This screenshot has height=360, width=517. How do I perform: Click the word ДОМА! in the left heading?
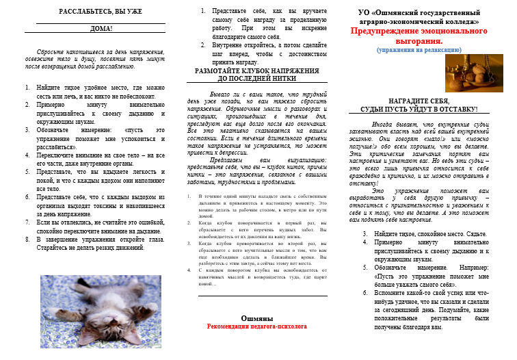point(101,29)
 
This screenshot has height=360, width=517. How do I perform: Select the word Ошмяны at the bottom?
point(257,319)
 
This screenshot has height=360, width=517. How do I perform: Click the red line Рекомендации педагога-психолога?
point(257,327)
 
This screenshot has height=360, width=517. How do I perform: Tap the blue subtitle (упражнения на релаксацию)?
point(418,49)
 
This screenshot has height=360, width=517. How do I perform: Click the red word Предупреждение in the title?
point(386,31)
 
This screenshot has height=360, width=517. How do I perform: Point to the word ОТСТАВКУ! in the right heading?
point(454,109)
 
